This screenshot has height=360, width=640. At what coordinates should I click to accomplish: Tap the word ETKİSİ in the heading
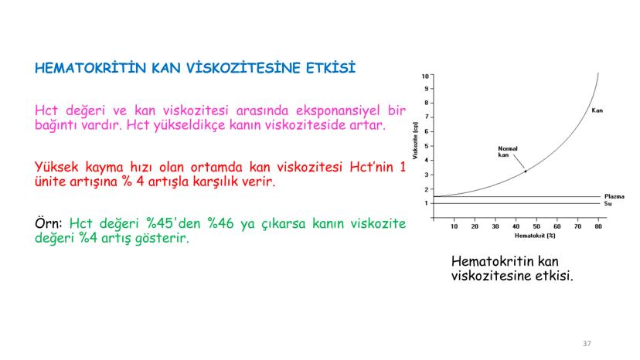coord(331,68)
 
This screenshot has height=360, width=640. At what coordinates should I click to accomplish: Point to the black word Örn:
coord(49,223)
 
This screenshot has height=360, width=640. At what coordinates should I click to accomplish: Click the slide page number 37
coord(587,344)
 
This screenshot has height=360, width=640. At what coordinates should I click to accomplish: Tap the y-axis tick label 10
coord(425,76)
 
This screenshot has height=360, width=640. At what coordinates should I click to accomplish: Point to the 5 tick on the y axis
coord(427,146)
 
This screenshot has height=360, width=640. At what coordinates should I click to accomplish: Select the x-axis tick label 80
coord(598,226)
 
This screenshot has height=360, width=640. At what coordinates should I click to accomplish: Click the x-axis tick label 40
coord(516,226)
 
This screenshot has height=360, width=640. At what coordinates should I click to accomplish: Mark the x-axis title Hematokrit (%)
coord(535,236)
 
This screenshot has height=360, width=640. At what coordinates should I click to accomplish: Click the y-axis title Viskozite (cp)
coord(415,141)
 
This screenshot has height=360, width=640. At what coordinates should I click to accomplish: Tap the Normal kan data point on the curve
coord(526,172)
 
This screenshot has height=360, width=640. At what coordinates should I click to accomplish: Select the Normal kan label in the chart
coord(508,152)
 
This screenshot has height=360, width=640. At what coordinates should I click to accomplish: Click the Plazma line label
coord(614,196)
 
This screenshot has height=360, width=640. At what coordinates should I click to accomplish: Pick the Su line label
coord(608,203)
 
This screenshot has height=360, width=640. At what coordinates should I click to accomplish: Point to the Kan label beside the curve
coord(597,110)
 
